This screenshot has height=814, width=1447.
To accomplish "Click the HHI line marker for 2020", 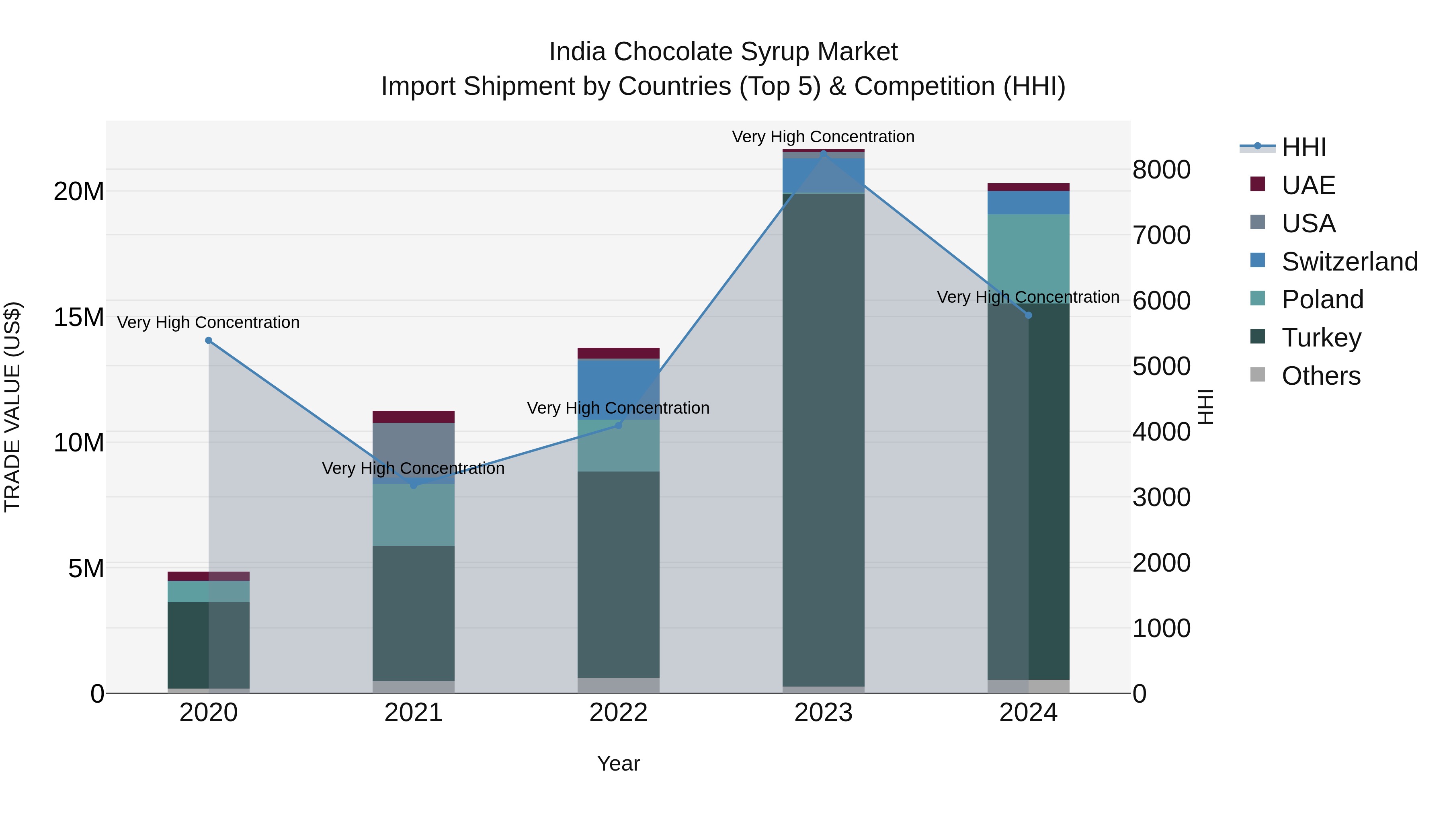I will click(208, 340).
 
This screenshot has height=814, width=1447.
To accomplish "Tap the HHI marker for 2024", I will click(1029, 315).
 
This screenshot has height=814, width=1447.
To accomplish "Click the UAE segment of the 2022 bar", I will click(619, 353).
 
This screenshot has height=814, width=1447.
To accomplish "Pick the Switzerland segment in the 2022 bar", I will click(619, 389).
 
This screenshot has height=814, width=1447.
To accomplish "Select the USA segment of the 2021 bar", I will click(414, 449).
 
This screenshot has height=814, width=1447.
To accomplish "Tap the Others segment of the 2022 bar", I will click(619, 685).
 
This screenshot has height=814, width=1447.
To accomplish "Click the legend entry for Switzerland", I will click(1349, 262).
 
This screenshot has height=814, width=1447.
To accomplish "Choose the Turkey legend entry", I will click(1321, 338).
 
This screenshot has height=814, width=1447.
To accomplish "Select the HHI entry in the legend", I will click(1303, 147).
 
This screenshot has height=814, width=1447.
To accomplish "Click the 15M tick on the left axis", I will click(79, 318).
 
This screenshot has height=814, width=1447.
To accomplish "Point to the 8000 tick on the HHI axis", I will click(1161, 170).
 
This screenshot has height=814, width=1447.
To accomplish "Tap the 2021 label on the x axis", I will click(414, 713).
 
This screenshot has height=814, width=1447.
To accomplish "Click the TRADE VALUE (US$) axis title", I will click(12, 407).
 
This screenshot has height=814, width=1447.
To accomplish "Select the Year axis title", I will click(619, 763).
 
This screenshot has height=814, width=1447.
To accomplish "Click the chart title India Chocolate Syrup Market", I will click(723, 52).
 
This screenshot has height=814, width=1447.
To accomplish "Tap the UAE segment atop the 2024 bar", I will click(1029, 187).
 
